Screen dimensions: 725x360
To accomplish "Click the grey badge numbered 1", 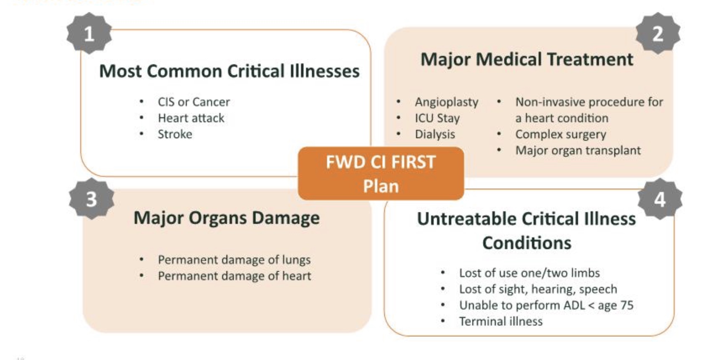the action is coord(89,33).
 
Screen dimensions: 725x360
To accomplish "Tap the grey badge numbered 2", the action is coord(658,33).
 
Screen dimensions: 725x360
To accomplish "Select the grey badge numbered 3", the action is coord(92,199).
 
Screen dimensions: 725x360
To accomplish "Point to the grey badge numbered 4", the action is coord(660,199).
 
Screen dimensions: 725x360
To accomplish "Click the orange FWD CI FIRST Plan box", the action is coord(381,173).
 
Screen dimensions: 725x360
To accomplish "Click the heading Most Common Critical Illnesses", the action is coord(229,71).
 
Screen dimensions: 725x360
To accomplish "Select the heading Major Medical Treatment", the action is coord(527,59).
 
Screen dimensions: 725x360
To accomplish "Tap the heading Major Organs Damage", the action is coord(227,218).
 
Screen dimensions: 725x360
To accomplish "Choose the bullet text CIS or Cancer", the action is coord(194,102).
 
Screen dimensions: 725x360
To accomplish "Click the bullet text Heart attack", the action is coord(191,118).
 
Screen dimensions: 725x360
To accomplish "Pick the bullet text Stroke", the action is coord(175,134).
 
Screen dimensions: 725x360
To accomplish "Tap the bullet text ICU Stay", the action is coord(437,118).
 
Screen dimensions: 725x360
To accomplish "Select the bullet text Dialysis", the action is coord(435,134).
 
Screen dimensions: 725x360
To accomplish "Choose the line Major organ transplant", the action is coord(578,151).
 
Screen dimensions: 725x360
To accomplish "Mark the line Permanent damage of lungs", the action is coord(234,260).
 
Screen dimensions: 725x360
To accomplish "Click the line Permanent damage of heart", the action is coord(234,276).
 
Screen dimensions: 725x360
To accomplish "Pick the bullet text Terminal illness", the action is coord(501,321).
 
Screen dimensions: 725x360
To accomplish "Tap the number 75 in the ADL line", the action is coord(627,305).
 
